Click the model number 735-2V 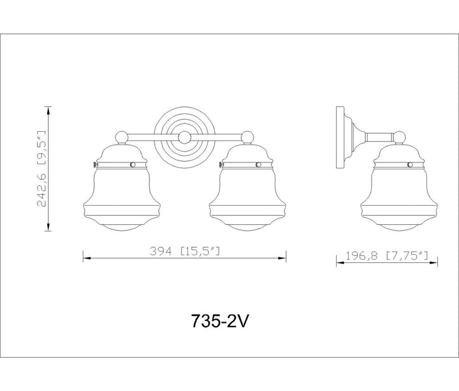click(219, 322)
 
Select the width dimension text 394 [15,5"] click(185, 251)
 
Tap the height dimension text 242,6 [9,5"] click(41, 169)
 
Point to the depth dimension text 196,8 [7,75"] click(387, 256)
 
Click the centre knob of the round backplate click(184, 138)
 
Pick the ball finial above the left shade click(122, 138)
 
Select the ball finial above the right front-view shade click(247, 138)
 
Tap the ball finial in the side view click(399, 138)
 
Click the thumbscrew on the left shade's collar click(95, 165)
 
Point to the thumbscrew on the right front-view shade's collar click(221, 165)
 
